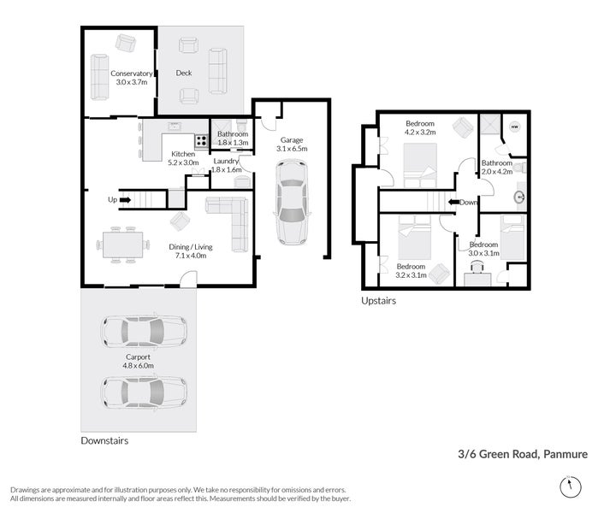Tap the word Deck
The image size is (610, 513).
184,74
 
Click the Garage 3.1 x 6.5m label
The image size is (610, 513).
291,144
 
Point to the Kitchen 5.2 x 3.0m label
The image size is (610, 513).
182,158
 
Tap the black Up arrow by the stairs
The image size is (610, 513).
124,200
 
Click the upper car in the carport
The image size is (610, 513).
144,329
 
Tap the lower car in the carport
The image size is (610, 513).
144,392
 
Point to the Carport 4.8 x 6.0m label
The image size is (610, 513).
138,362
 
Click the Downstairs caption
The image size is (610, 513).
104,441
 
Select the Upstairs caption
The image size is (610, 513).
378,301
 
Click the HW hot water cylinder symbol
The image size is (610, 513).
514,127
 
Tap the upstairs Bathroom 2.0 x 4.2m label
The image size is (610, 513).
495,168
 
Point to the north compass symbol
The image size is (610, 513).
569,486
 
